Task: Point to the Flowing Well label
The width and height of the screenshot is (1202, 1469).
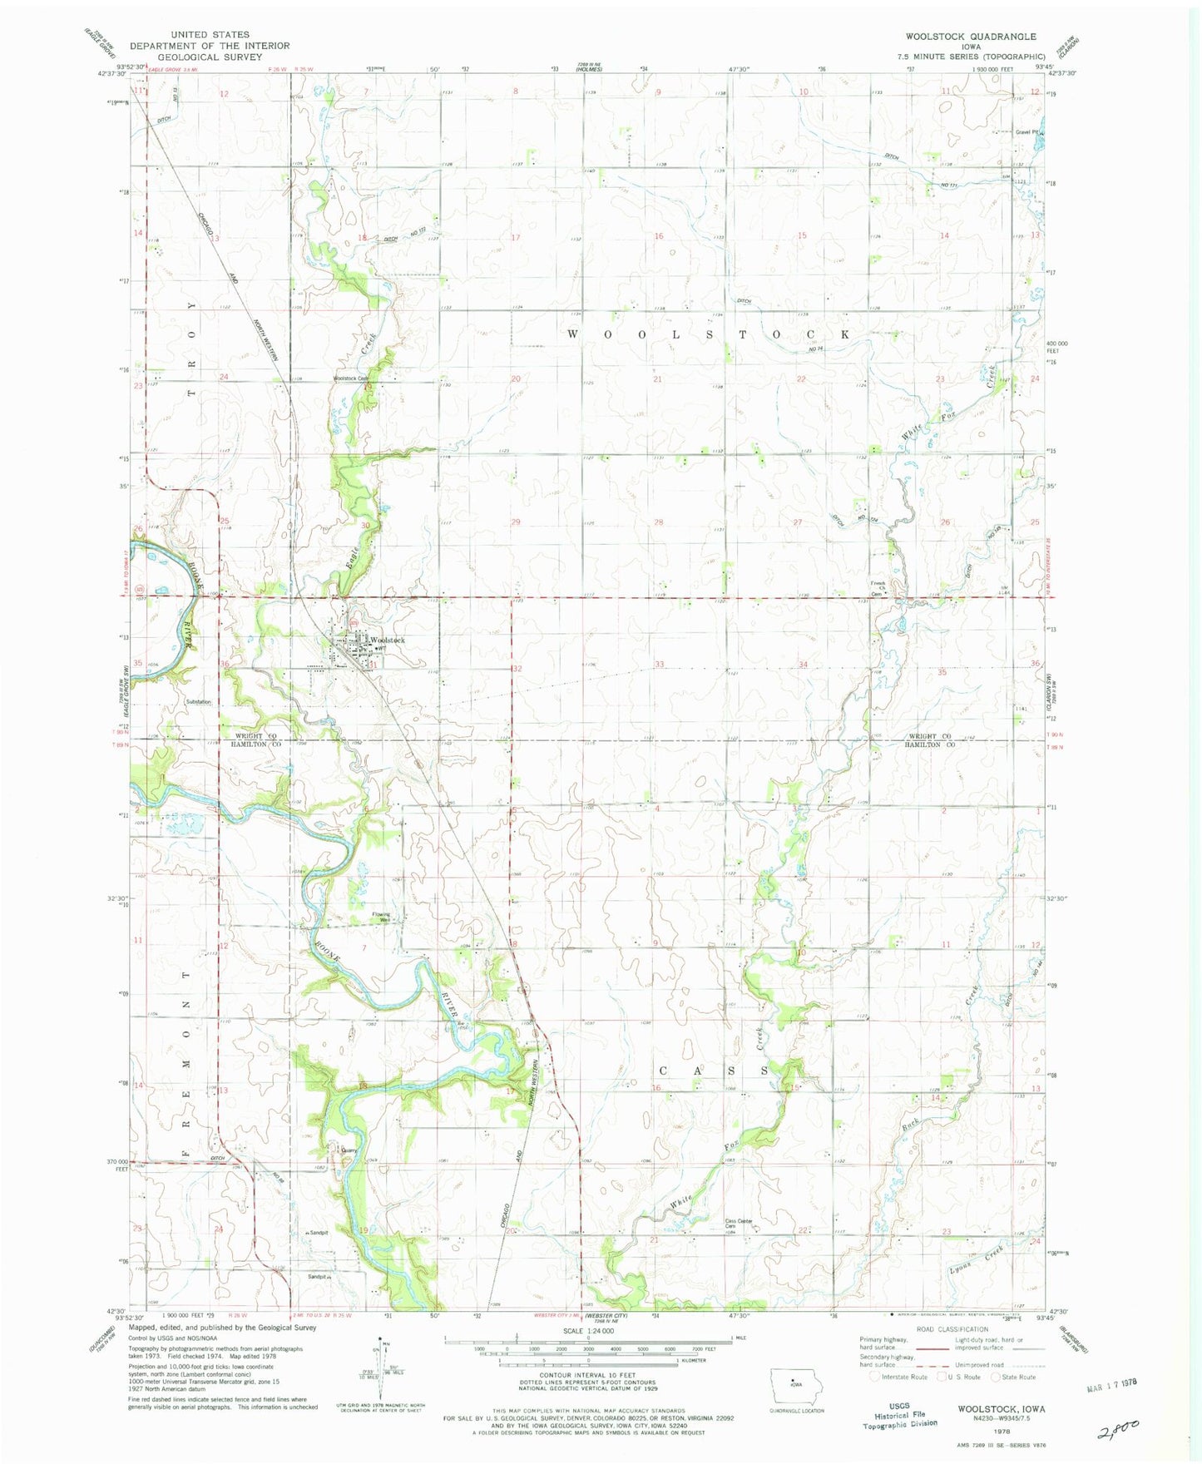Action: pyautogui.click(x=381, y=918)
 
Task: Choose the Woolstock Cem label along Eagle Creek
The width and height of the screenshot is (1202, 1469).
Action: pyautogui.click(x=351, y=378)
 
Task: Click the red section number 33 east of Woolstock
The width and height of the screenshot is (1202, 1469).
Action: pyautogui.click(x=660, y=664)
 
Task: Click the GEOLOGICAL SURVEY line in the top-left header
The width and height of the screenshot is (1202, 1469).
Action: pyautogui.click(x=209, y=57)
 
